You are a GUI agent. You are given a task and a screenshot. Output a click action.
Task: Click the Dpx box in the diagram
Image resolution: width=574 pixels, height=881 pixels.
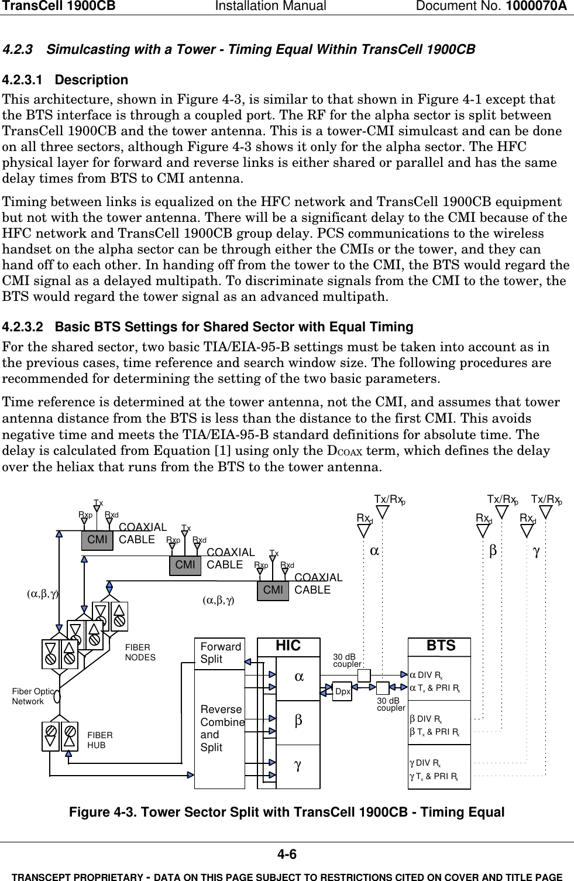pyautogui.click(x=343, y=691)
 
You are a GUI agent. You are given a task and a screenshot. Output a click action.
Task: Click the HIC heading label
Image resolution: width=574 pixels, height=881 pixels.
pyautogui.click(x=288, y=646)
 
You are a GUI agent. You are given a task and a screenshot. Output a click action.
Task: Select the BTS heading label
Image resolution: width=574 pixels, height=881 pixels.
pyautogui.click(x=441, y=646)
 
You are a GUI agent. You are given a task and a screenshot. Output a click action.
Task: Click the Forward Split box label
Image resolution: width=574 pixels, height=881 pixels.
pyautogui.click(x=220, y=653)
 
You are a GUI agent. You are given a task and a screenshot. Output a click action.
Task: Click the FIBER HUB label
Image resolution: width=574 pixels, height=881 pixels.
pyautogui.click(x=100, y=741)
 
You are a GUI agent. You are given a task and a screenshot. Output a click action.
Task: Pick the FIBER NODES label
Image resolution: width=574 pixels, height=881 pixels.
pyautogui.click(x=140, y=653)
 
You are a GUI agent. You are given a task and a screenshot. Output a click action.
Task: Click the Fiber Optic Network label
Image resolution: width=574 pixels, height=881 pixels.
pyautogui.click(x=33, y=697)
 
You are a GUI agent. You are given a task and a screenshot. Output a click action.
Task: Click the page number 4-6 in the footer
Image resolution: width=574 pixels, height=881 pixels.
pyautogui.click(x=287, y=855)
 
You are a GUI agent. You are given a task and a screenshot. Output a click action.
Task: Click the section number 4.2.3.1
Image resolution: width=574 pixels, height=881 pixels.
pyautogui.click(x=23, y=80)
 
